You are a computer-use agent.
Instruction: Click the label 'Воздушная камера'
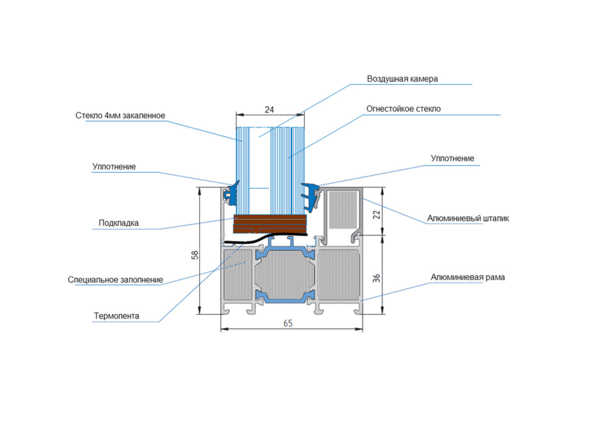[x=402, y=79]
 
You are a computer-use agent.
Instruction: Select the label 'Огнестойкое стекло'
[x=404, y=109]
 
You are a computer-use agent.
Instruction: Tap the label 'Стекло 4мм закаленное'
[x=120, y=115]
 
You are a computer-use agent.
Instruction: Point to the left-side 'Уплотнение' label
[x=114, y=166]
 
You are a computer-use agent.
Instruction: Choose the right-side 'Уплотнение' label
[x=452, y=158]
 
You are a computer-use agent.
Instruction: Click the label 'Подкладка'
[x=118, y=223]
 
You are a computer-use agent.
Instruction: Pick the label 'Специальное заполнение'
[x=115, y=279]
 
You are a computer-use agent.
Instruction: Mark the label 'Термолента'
[x=116, y=316]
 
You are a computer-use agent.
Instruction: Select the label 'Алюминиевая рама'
[x=467, y=277]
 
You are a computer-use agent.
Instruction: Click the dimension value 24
[x=270, y=109]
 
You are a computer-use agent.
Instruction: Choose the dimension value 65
[x=287, y=324]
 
